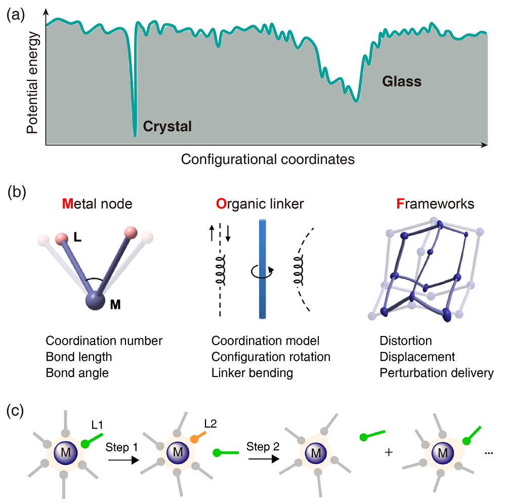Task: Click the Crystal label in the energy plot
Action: [167, 126]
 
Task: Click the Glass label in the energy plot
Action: [402, 81]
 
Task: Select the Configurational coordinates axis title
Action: [268, 159]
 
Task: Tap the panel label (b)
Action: [15, 193]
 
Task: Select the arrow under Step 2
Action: [264, 459]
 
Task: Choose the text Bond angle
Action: [77, 373]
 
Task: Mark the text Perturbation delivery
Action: [436, 373]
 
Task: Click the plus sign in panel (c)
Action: [389, 451]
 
